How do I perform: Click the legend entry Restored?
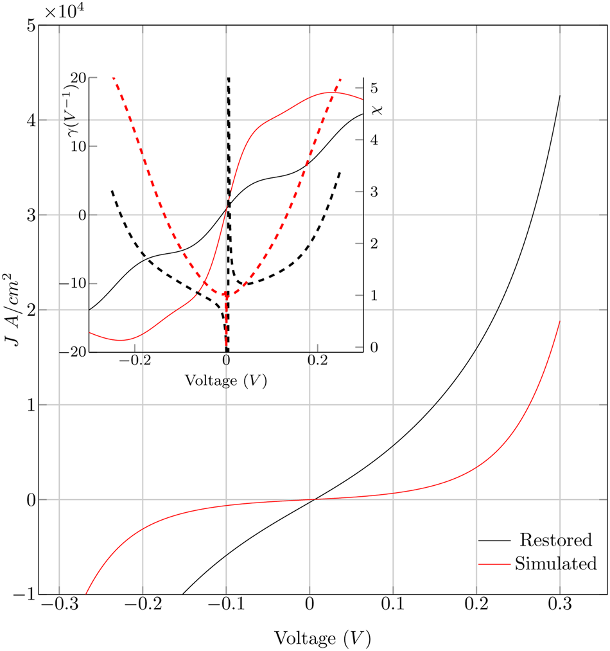click(555, 539)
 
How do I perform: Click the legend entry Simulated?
click(555, 564)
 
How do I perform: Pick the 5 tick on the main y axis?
click(30, 26)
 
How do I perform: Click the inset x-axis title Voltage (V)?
click(226, 379)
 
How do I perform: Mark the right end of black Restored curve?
click(560, 96)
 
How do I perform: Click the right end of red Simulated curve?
click(560, 321)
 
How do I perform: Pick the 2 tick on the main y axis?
click(30, 310)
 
